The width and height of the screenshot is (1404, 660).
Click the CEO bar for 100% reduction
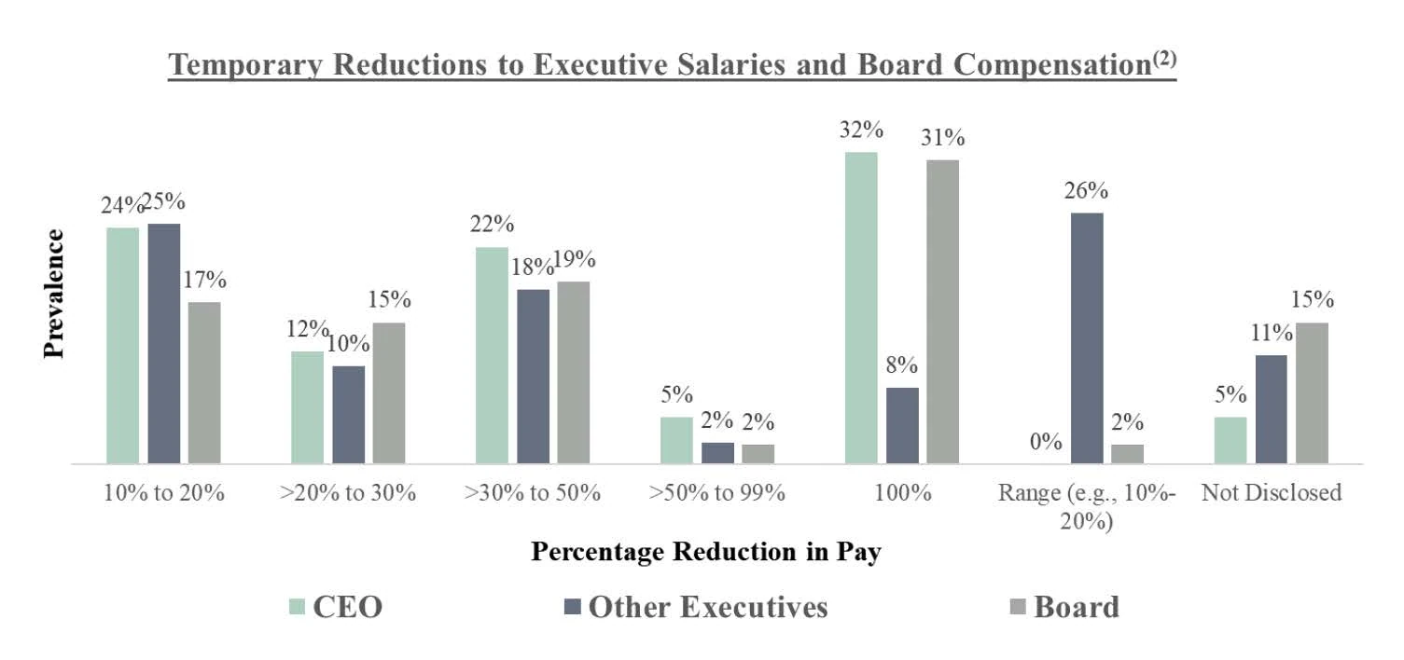[861, 308]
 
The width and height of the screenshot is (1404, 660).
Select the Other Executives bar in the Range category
[1087, 337]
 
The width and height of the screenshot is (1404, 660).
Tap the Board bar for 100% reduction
[942, 311]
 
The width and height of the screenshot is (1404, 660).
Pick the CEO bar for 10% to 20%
[122, 345]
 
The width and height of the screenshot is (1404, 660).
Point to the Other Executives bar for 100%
[902, 425]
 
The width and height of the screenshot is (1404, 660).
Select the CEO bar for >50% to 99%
[676, 440]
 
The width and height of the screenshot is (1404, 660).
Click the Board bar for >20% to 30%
[389, 392]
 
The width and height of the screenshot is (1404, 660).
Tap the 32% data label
[861, 129]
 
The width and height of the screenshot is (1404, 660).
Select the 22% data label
[492, 225]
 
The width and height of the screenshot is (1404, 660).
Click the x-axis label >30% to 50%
[532, 493]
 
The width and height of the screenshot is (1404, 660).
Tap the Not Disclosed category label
[1271, 493]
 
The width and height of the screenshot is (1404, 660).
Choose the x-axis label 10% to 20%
[163, 493]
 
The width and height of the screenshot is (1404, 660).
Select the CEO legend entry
[336, 607]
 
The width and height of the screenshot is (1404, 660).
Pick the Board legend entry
[1063, 607]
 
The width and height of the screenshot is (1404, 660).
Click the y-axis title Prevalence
[54, 293]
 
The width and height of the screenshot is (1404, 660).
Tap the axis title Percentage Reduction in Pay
[706, 551]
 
